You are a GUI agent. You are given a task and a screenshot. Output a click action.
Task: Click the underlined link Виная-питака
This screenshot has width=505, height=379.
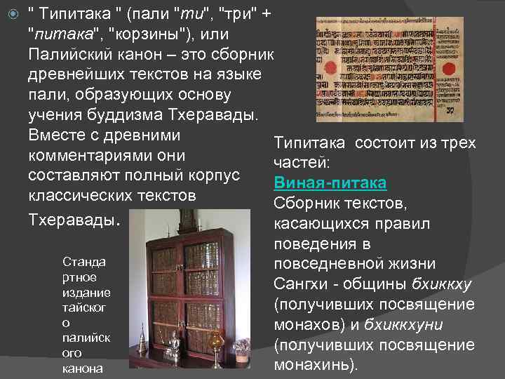click(330, 183)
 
